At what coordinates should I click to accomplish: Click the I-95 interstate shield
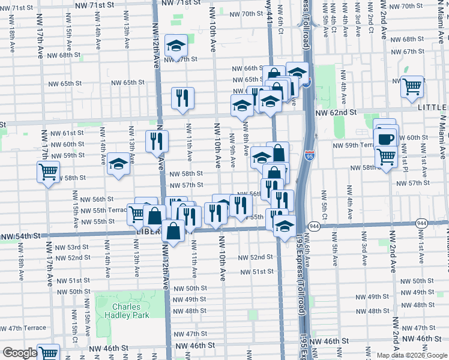coord(309,154)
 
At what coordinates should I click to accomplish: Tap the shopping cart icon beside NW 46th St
coord(48,353)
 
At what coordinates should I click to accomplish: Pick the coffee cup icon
coord(385,139)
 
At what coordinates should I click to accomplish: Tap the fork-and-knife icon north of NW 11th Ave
coord(182,98)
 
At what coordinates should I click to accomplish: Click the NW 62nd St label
coord(336,112)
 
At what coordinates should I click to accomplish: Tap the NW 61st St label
coord(67,133)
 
